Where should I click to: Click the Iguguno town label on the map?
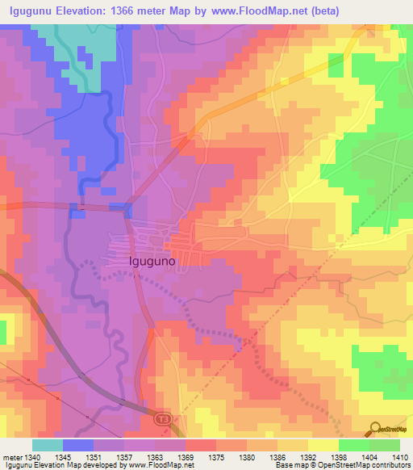pyautogui.click(x=152, y=262)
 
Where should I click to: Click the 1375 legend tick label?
pyautogui.click(x=217, y=457)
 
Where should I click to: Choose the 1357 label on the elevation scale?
pyautogui.click(x=125, y=457)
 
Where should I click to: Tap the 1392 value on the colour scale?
pyautogui.click(x=309, y=457)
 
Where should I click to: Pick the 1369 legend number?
pyautogui.click(x=186, y=457)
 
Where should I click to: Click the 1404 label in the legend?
pyautogui.click(x=370, y=457)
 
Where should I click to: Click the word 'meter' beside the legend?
pyautogui.click(x=12, y=457)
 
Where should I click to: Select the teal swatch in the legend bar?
pyautogui.click(x=48, y=445)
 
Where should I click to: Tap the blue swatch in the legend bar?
pyautogui.click(x=78, y=445)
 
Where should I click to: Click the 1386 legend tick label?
pyautogui.click(x=278, y=457)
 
